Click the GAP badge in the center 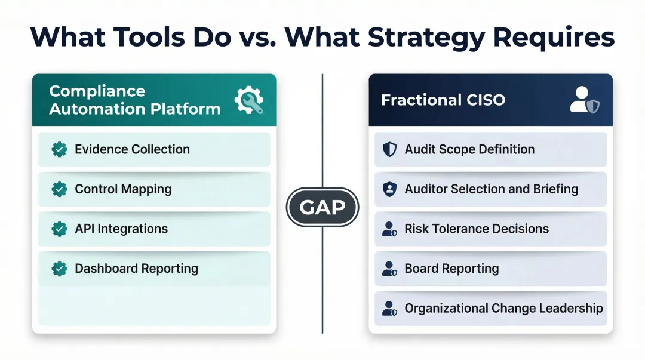(x=322, y=207)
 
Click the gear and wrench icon (x=248, y=100)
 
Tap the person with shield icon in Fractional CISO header (x=584, y=100)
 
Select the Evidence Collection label (x=132, y=149)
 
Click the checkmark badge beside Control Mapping (x=59, y=189)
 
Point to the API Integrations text (x=121, y=229)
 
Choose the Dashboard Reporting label (x=136, y=269)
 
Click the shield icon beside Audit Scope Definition (x=389, y=149)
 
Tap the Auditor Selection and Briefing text (x=491, y=189)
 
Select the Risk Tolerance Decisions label (x=477, y=229)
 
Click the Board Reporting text (x=451, y=269)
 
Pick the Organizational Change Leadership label (x=503, y=309)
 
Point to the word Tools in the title (x=149, y=37)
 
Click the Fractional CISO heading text (x=443, y=100)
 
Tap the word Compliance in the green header (x=97, y=91)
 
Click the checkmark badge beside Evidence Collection (x=59, y=149)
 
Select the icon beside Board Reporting (x=389, y=269)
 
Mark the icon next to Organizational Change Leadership (x=389, y=309)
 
